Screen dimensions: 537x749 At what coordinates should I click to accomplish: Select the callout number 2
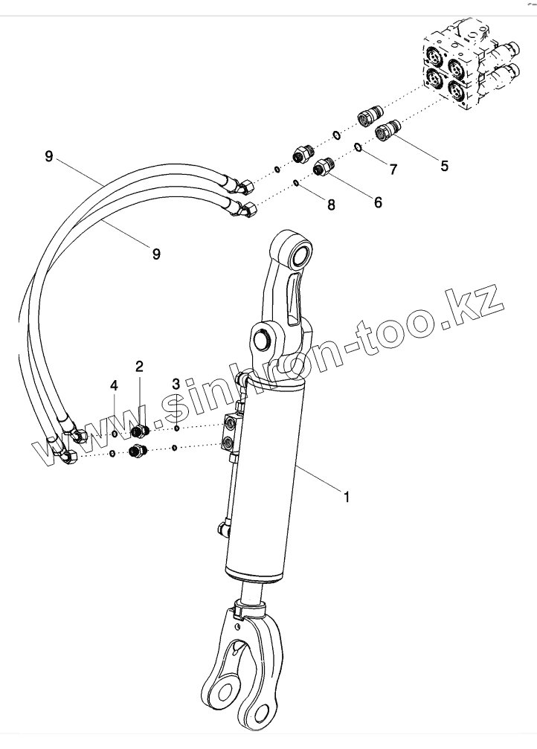tap(139, 366)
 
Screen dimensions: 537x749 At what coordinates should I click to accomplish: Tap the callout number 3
tap(176, 385)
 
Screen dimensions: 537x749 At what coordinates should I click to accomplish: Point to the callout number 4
tap(114, 385)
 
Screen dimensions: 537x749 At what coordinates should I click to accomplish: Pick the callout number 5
tap(444, 166)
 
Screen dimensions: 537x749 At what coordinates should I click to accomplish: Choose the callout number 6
tap(378, 202)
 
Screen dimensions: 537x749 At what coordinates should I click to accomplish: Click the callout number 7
tap(393, 168)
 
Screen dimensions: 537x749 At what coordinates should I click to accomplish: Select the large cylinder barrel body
tap(268, 476)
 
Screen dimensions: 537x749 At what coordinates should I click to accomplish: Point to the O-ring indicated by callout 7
tap(358, 147)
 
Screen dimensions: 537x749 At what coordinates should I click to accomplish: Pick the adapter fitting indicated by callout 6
tap(323, 167)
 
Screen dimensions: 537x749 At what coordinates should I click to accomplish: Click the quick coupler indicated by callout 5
tap(388, 132)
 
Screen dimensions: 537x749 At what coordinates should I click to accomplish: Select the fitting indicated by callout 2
tap(140, 431)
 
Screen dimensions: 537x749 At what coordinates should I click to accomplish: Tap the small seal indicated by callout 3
tap(176, 428)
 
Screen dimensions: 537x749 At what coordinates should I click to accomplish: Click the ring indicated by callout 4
tap(114, 434)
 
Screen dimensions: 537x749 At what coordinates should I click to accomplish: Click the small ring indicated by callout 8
tap(297, 182)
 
